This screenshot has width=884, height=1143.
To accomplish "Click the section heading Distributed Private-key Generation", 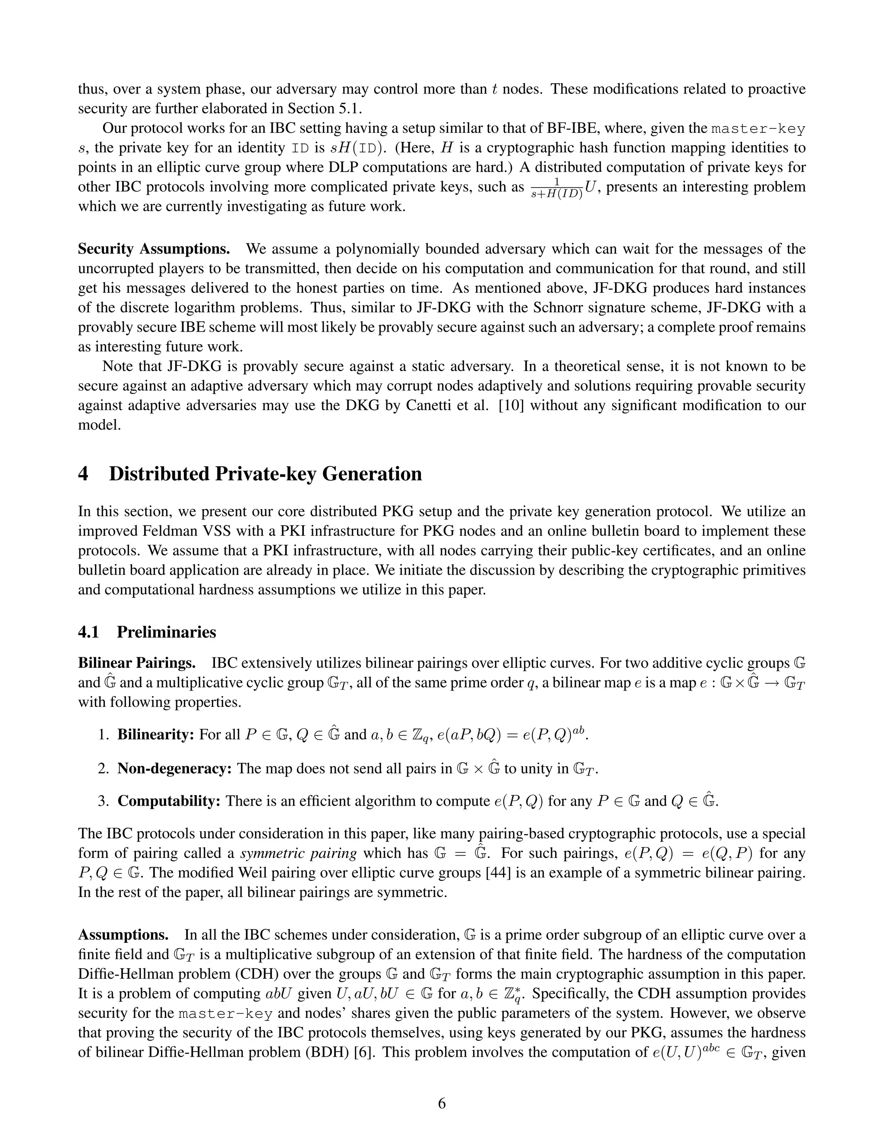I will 265,474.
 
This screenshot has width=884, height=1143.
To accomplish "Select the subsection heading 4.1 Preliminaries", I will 147,632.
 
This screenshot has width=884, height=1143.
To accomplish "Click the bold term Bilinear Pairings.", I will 137,663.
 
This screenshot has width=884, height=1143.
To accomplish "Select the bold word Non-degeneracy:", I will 174,768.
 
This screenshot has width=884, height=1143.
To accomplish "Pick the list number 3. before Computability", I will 103,801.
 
